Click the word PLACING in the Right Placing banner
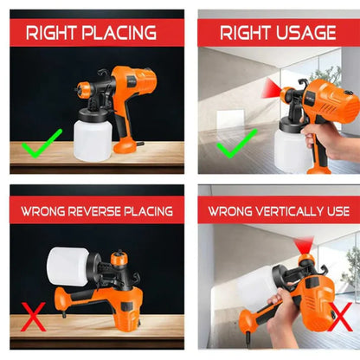119,33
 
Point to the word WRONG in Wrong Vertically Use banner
231,211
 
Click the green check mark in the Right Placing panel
42,144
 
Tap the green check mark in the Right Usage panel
237,144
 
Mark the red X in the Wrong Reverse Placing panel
33,317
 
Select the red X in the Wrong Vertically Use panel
340,317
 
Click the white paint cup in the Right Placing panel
92,140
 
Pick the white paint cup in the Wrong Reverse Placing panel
68,267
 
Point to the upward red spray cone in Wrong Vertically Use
304,245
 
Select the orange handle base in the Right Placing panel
125,145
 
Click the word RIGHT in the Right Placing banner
52,33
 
